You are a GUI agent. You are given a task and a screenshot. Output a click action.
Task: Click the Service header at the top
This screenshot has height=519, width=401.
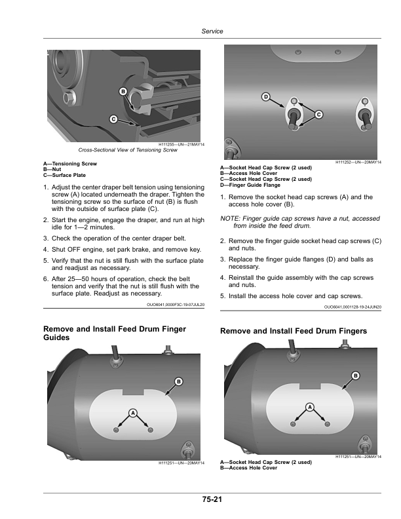click(212, 31)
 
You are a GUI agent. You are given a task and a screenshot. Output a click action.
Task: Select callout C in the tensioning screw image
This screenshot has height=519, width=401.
click(113, 119)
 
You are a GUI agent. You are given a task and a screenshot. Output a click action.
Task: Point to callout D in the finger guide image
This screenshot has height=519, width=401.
click(266, 97)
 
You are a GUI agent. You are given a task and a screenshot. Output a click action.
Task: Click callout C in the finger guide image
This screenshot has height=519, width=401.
click(318, 115)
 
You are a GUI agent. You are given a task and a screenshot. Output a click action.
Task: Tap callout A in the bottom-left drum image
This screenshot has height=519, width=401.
click(132, 413)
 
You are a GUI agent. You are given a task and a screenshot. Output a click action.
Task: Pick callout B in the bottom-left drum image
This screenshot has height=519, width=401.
click(178, 381)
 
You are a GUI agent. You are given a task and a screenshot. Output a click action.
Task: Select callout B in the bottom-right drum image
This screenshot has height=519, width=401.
click(356, 375)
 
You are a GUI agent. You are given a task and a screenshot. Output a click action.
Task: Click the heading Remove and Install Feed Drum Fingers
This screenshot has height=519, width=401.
click(294, 332)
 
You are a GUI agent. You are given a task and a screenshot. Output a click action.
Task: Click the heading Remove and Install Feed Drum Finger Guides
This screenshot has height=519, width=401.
click(113, 332)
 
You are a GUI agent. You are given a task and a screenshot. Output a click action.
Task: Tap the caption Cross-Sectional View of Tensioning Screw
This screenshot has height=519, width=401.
click(128, 150)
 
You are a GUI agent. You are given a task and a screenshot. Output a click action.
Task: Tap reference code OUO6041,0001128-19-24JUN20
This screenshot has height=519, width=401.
click(353, 306)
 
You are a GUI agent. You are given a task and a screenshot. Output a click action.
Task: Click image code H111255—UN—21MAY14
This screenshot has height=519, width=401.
click(182, 144)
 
